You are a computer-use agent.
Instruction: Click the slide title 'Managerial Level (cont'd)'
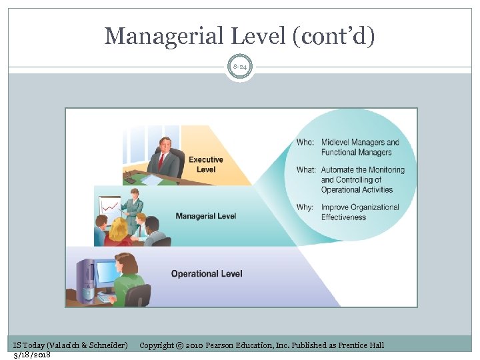point(240,36)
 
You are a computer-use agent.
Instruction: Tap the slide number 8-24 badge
point(240,67)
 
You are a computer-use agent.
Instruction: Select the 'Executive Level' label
point(205,164)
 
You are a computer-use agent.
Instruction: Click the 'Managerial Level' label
point(205,216)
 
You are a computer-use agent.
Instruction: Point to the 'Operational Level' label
point(207,273)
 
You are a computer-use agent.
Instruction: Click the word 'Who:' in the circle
point(305,142)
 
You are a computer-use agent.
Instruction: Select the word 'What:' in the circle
point(306,170)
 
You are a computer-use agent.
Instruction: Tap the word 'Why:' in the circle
point(305,207)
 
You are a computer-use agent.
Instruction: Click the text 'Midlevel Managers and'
point(360,142)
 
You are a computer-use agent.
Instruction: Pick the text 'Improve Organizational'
point(360,207)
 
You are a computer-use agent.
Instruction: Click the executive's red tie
point(161,162)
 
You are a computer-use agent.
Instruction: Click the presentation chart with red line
point(111,206)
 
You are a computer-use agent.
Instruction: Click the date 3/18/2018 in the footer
point(32,354)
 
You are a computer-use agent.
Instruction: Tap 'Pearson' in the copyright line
point(227,345)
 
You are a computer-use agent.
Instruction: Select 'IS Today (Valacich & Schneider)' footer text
point(71,345)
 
